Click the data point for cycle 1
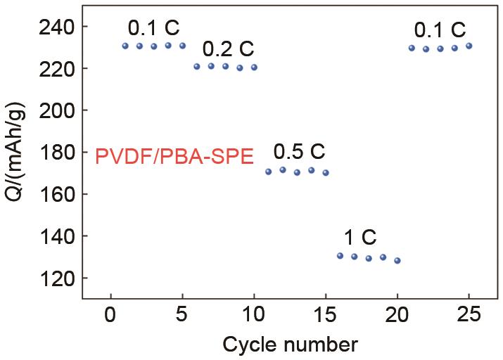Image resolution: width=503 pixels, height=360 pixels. [x=125, y=46]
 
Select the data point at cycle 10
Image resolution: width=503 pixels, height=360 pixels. [x=254, y=67]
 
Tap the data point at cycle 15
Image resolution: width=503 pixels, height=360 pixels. [x=326, y=172]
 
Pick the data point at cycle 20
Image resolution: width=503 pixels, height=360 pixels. [x=397, y=260]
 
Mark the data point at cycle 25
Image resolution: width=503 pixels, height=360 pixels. [x=469, y=46]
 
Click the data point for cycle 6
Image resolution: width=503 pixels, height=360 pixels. [x=197, y=67]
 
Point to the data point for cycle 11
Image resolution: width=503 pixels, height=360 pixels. [x=268, y=172]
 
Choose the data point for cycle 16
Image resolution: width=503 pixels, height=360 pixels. [x=340, y=256]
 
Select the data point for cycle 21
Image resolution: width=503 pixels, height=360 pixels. [x=412, y=48]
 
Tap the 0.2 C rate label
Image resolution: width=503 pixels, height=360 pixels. [x=228, y=50]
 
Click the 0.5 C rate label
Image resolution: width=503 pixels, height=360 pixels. [x=299, y=151]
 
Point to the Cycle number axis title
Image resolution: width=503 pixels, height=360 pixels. [x=291, y=345]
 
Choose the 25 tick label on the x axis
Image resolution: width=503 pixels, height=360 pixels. [x=469, y=314]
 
